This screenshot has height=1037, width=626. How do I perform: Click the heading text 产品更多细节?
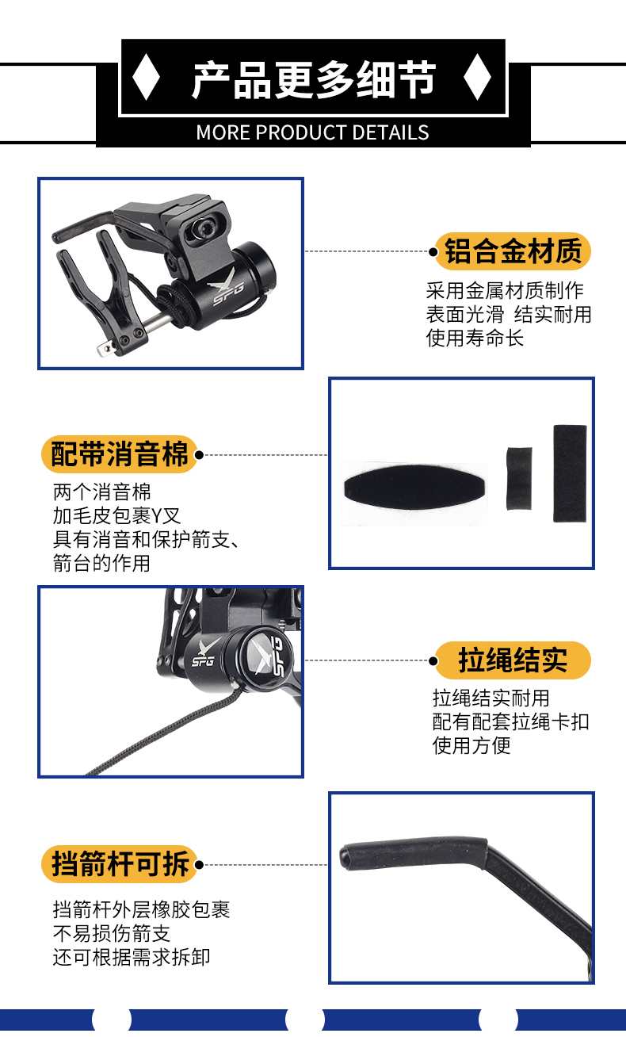[314, 79]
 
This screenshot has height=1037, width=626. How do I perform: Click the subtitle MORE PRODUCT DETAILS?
[313, 132]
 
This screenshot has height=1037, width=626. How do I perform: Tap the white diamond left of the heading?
[147, 77]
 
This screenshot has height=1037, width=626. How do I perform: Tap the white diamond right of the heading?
[477, 77]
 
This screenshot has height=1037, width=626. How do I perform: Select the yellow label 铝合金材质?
[513, 251]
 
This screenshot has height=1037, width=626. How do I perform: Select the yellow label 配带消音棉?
[120, 454]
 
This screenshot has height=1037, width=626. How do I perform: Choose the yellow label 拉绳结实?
[513, 660]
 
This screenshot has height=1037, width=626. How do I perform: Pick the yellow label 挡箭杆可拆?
[120, 864]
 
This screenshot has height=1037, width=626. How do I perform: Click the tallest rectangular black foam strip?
[570, 473]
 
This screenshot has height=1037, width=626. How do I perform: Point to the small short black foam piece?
[519, 479]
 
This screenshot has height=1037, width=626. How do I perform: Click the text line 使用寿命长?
[475, 338]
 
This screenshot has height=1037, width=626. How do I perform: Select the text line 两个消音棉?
[101, 492]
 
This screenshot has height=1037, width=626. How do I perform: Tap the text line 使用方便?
[471, 746]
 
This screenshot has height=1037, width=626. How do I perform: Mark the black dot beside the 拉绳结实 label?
[433, 660]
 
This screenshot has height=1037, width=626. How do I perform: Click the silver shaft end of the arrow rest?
[106, 347]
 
